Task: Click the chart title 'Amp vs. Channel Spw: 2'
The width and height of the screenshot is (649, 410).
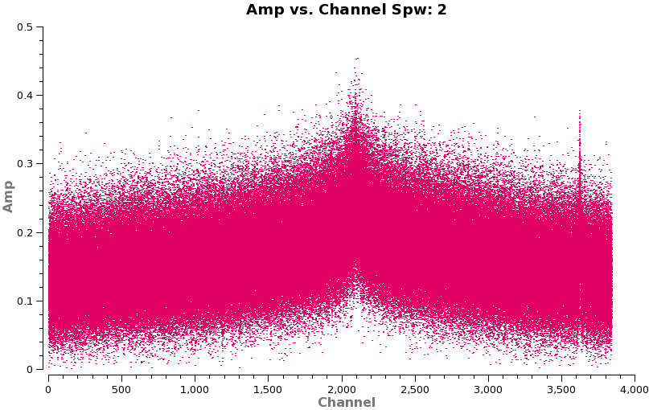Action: coord(346,10)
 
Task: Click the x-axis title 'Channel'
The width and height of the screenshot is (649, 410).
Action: coord(346,402)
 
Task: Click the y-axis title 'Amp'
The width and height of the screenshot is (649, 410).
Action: coord(9,196)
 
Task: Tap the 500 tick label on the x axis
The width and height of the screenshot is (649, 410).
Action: coord(121,389)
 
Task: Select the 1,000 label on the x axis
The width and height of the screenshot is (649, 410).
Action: coord(195,389)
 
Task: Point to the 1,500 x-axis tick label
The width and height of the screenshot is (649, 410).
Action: coord(268,389)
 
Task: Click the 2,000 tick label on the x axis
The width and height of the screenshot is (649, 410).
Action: coord(341,389)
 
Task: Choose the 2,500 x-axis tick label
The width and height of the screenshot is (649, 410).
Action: coord(414,389)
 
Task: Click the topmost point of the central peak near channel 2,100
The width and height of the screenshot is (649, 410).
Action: coord(358,58)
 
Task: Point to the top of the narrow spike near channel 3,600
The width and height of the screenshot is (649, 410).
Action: coord(579,114)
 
